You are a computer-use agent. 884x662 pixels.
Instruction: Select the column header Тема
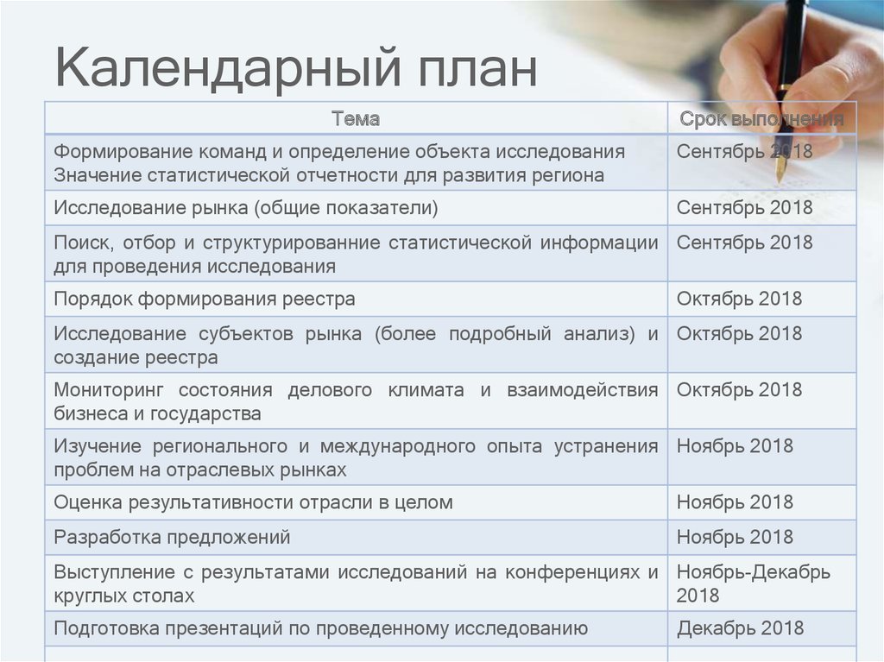[x=356, y=118]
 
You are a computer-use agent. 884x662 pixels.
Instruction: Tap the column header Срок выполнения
[x=761, y=118]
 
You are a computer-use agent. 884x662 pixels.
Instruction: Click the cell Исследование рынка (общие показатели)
[x=246, y=208]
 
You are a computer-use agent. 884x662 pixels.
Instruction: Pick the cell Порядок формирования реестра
[x=205, y=299]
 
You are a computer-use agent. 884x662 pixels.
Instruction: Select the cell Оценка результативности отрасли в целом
[x=253, y=502]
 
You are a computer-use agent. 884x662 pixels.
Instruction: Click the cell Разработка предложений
[x=172, y=538]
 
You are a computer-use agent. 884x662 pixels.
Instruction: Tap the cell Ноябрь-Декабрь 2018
[x=753, y=583]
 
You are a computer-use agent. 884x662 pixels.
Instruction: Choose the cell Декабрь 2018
[x=740, y=628]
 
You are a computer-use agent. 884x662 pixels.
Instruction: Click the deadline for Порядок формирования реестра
[x=739, y=299]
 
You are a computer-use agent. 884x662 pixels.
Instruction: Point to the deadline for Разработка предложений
[x=735, y=538]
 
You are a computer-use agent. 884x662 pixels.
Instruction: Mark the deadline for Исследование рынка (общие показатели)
[x=744, y=208]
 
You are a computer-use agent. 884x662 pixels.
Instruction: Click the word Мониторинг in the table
[x=106, y=390]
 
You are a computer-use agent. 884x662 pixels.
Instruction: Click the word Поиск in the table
[x=80, y=243]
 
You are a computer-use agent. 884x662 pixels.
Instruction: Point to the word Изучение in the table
[x=97, y=446]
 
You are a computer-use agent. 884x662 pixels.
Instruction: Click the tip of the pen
[x=780, y=180]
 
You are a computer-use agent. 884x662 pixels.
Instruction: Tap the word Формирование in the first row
[x=123, y=152]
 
